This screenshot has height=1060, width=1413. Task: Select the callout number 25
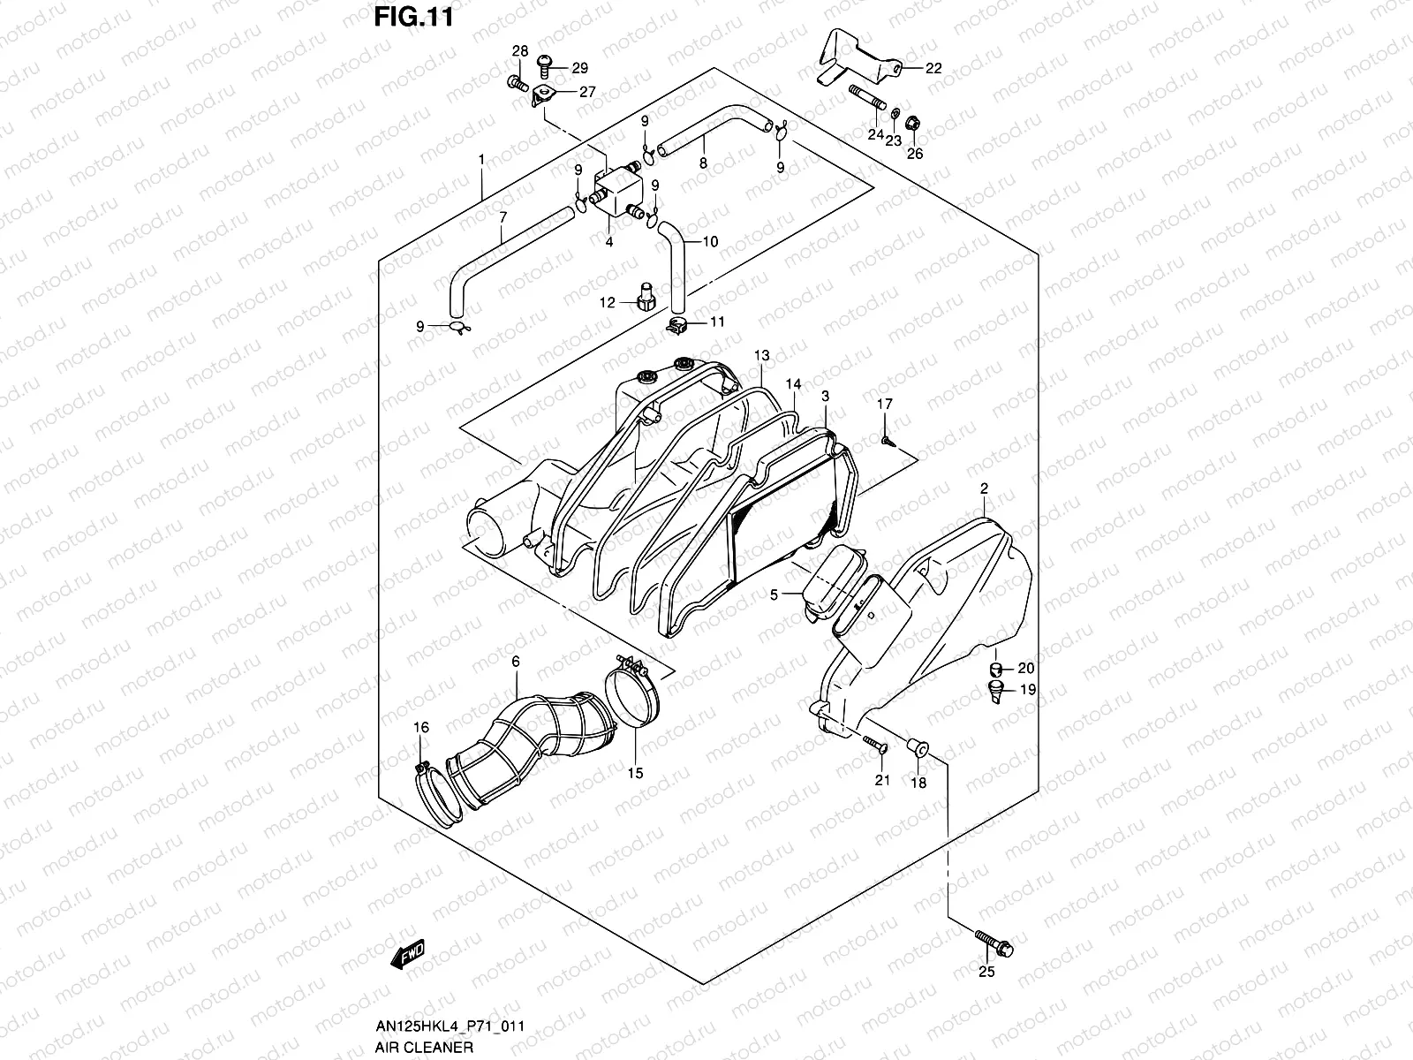pyautogui.click(x=986, y=973)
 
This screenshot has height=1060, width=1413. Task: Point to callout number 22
pyautogui.click(x=933, y=68)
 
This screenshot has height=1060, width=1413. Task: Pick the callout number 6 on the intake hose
pyautogui.click(x=516, y=662)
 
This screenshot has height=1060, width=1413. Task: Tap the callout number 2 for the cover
pyautogui.click(x=983, y=488)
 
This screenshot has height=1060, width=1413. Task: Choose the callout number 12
pyautogui.click(x=608, y=303)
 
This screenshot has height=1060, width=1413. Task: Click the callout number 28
pyautogui.click(x=519, y=50)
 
